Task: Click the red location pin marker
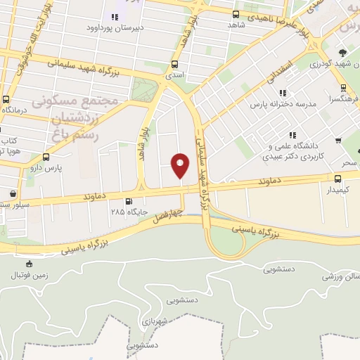point(181,166)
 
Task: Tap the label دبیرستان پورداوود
point(115,28)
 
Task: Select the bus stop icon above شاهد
point(234,14)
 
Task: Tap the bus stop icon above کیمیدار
point(332,179)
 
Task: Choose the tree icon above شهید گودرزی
point(342,53)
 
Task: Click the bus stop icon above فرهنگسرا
point(342,89)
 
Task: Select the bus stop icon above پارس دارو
point(46,157)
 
